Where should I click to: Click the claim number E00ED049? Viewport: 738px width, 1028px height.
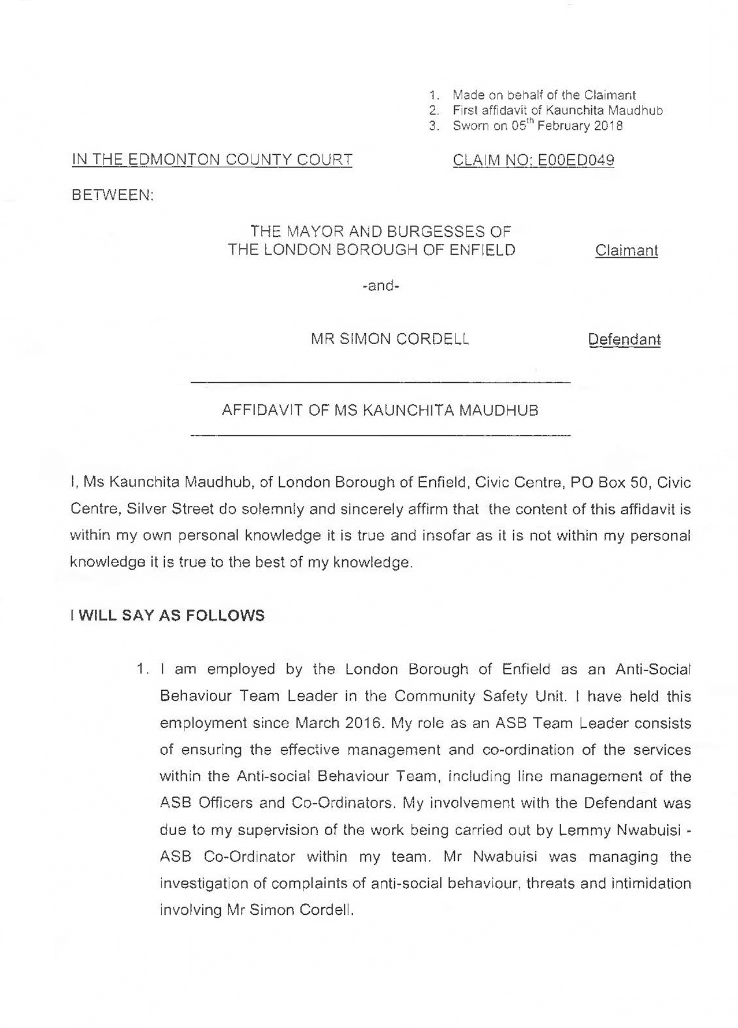(x=576, y=160)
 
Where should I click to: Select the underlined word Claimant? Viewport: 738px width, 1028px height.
(x=626, y=251)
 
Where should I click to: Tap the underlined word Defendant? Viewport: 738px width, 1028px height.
(x=624, y=339)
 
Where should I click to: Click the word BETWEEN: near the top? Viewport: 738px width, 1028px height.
(x=113, y=195)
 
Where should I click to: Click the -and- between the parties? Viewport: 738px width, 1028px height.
(x=380, y=285)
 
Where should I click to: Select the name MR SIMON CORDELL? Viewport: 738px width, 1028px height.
(x=390, y=339)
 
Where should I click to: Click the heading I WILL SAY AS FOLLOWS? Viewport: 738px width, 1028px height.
(x=167, y=615)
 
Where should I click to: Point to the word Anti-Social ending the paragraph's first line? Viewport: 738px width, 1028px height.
(x=652, y=669)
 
